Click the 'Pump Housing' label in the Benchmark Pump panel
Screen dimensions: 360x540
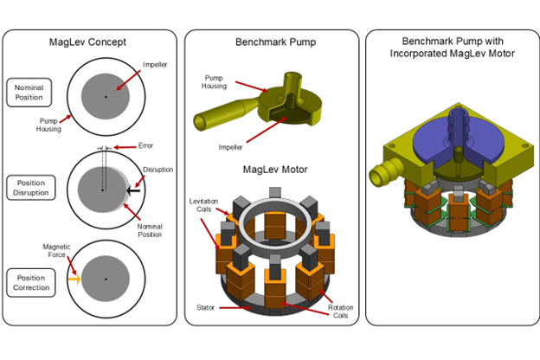point(215,81)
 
